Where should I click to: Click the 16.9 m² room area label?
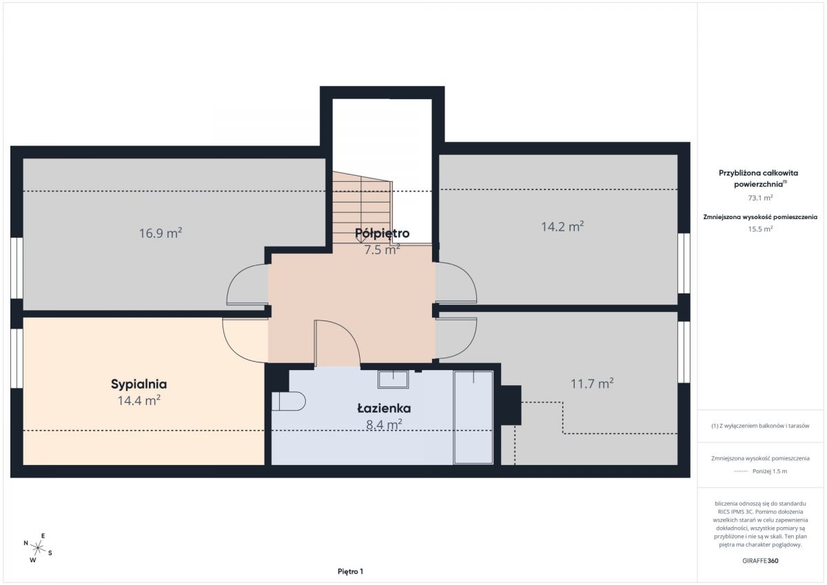(160, 233)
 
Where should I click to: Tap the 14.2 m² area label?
(562, 226)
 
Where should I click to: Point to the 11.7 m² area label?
(592, 384)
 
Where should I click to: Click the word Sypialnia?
(139, 384)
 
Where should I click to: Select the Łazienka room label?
(384, 408)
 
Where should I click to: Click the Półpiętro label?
(382, 234)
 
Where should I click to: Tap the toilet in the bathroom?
(288, 401)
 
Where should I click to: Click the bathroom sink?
(394, 380)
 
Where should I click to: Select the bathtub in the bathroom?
(473, 418)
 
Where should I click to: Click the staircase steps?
(362, 207)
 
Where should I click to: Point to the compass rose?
(38, 548)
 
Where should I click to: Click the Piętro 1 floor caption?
(350, 571)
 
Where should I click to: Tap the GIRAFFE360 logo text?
(760, 561)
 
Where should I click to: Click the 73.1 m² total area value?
(760, 198)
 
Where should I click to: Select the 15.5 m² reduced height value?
(760, 229)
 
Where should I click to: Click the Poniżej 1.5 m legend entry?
(760, 471)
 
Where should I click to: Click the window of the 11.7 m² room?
(684, 352)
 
